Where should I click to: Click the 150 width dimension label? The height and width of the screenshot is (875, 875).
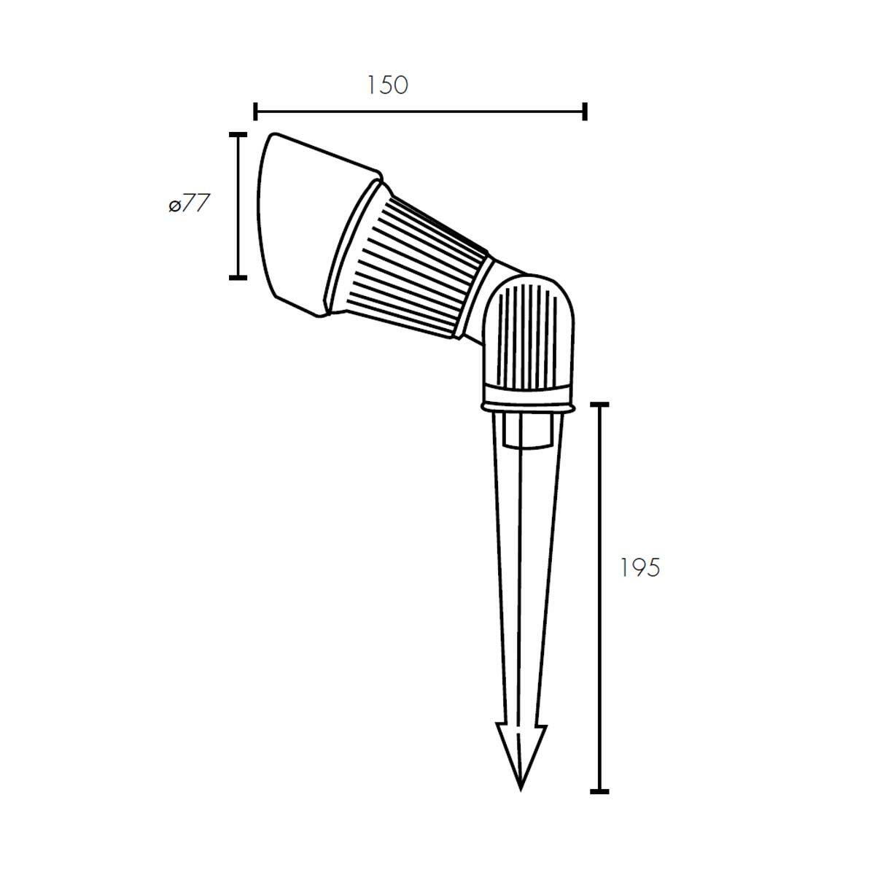pyautogui.click(x=387, y=85)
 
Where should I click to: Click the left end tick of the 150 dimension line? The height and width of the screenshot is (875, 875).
pyautogui.click(x=256, y=112)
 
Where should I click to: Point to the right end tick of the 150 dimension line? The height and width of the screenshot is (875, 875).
pyautogui.click(x=585, y=112)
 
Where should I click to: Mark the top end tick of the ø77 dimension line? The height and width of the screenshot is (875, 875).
pyautogui.click(x=238, y=135)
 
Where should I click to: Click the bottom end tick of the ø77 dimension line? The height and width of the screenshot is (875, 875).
pyautogui.click(x=238, y=277)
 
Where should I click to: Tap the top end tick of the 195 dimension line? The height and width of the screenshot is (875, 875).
pyautogui.click(x=600, y=404)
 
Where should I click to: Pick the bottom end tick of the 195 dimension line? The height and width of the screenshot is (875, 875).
pyautogui.click(x=600, y=791)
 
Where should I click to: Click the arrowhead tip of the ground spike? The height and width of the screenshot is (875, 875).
pyautogui.click(x=521, y=790)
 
